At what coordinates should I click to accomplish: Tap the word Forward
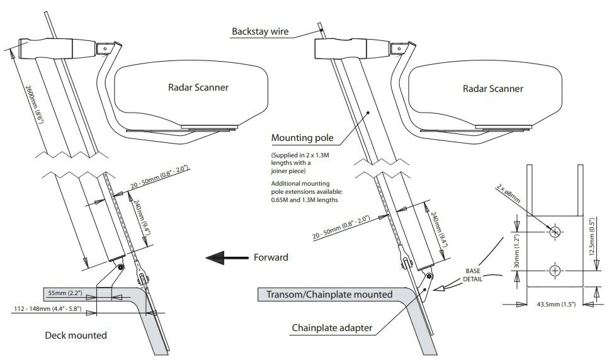[x=271, y=257]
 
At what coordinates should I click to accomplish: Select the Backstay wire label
[x=259, y=30]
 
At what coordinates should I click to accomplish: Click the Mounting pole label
[x=301, y=137]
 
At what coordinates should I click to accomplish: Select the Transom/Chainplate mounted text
[x=329, y=295]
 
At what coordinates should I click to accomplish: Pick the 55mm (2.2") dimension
[x=67, y=293]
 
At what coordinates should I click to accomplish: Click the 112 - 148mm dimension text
[x=43, y=308]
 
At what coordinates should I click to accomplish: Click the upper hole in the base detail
[x=555, y=232]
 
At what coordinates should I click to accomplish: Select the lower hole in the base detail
[x=555, y=271]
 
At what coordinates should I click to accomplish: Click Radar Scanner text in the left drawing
[x=198, y=87]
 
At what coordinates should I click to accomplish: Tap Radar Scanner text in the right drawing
[x=492, y=88]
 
